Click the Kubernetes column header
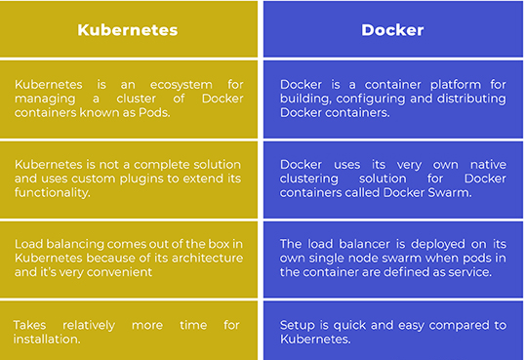(x=128, y=29)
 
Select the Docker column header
(x=392, y=29)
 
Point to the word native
(x=482, y=164)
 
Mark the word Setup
(x=299, y=326)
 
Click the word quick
(x=349, y=326)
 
